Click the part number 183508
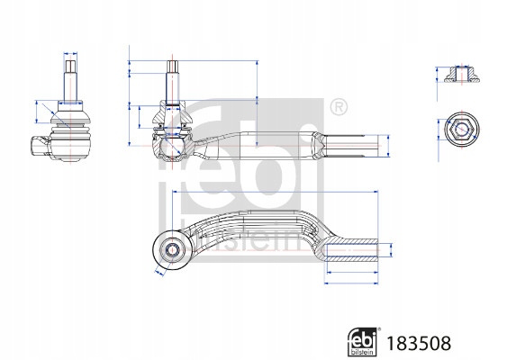coord(419,343)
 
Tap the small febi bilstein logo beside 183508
coord(362,342)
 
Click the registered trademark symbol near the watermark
coord(339,106)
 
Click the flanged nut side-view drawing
coord(461,75)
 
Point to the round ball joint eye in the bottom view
coord(171,249)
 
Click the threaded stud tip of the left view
coord(70,67)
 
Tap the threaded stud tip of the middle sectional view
coord(173,67)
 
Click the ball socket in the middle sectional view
coord(173,148)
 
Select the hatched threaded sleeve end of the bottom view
coord(351,250)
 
